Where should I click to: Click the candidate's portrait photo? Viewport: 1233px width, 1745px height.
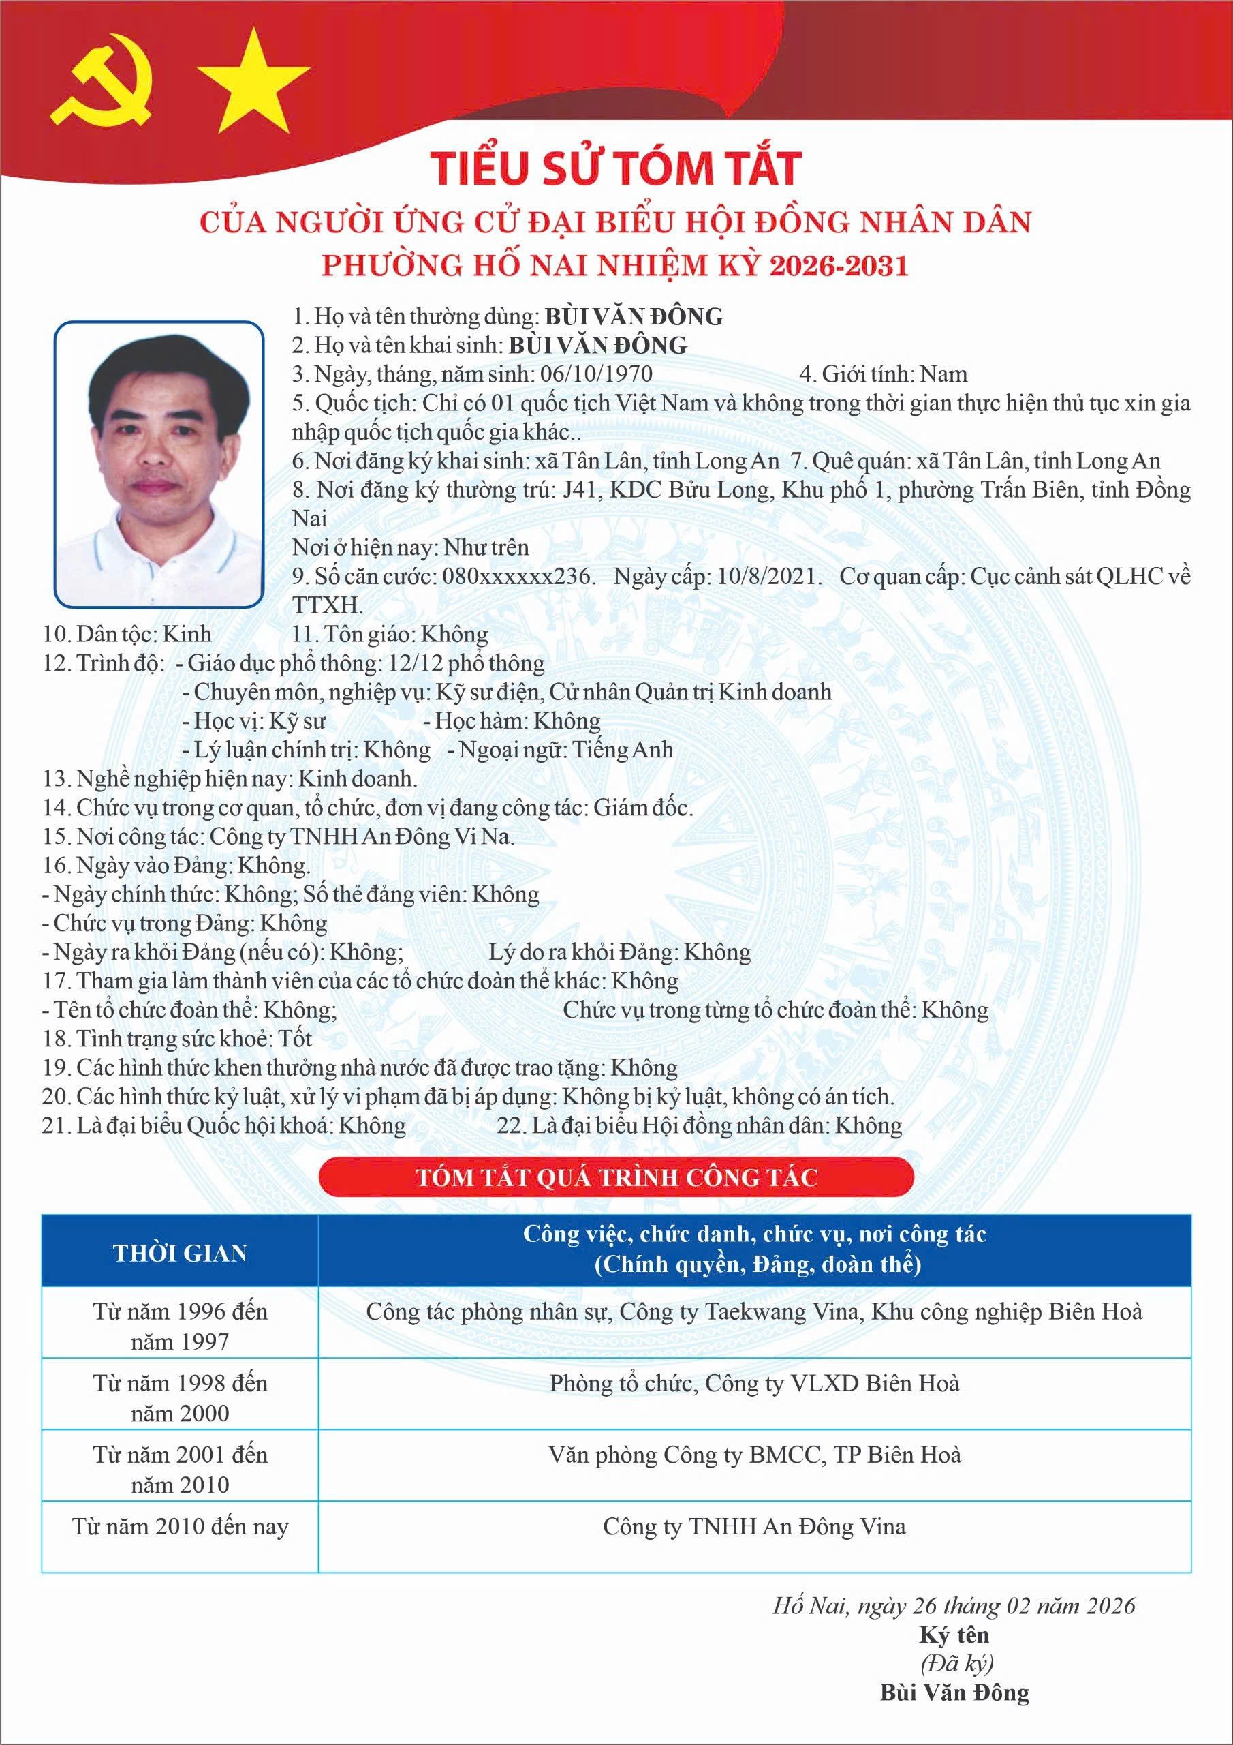159,464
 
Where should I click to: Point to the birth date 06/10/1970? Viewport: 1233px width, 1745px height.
595,374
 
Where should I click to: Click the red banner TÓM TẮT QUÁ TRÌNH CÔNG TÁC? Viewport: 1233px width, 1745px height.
616,1177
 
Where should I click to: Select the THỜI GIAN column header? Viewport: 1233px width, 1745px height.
180,1254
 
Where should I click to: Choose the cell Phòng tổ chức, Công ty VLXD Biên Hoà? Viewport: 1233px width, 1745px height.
753,1383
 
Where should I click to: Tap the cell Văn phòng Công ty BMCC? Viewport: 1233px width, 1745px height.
753,1455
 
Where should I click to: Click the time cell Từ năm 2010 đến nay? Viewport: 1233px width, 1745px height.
180,1526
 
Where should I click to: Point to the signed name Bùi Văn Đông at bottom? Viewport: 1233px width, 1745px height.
954,1693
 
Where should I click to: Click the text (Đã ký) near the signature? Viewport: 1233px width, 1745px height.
956,1664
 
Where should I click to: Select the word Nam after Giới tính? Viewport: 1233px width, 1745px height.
943,374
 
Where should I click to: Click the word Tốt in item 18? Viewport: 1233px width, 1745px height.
295,1038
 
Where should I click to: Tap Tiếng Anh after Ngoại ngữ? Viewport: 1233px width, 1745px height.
623,749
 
